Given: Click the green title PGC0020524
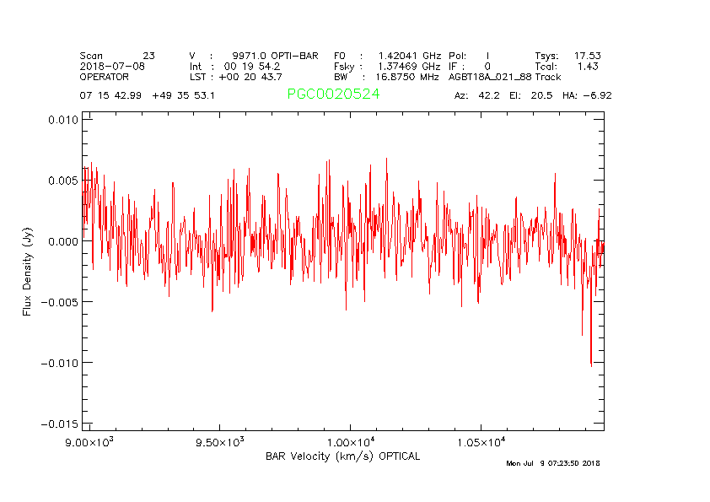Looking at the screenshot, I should point(333,94).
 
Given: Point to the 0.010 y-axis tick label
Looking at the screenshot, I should point(62,120).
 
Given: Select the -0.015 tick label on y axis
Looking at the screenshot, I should point(59,424).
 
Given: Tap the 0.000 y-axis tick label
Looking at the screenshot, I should point(62,241).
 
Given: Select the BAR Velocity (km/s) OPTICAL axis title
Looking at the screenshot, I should point(342,456).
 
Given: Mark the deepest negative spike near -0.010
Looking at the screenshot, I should point(591,364).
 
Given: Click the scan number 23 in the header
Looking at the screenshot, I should point(148,56).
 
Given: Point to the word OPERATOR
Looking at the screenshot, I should point(104,77).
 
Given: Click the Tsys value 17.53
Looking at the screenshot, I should point(587,56).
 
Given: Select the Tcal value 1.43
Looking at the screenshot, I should point(588,66).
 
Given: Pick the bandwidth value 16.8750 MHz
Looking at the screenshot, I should point(407,77).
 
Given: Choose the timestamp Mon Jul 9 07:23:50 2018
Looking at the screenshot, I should point(553,463).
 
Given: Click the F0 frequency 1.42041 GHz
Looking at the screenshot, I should point(409,56).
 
